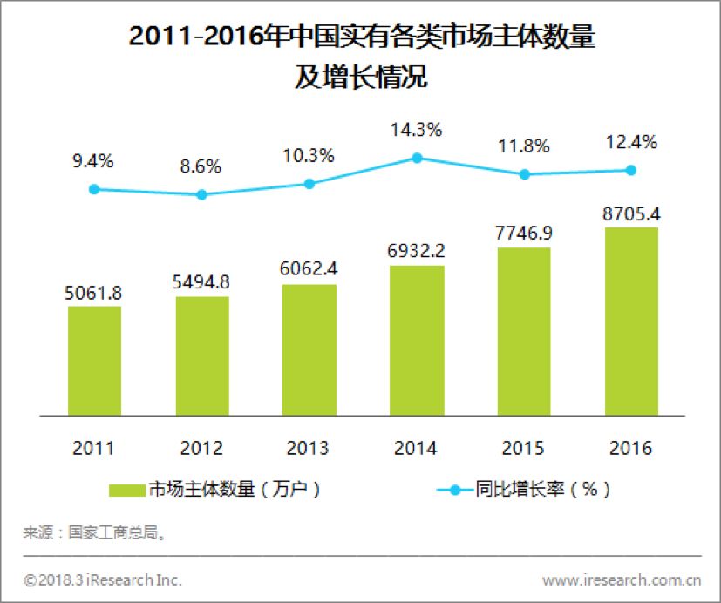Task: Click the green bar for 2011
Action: (94, 361)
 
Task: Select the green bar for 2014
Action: (417, 340)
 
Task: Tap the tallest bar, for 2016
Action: (631, 322)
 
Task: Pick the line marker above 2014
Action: (417, 158)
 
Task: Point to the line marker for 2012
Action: (201, 194)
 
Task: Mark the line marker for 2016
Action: (631, 170)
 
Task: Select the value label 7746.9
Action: (524, 234)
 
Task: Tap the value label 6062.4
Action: (309, 271)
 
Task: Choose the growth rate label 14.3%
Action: (417, 130)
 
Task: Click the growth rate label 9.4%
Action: (94, 161)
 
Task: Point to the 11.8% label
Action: (524, 145)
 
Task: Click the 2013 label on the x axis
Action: (309, 449)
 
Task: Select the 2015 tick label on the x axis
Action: (524, 449)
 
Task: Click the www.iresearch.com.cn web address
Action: (622, 579)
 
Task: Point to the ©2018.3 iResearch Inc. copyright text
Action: (102, 579)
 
